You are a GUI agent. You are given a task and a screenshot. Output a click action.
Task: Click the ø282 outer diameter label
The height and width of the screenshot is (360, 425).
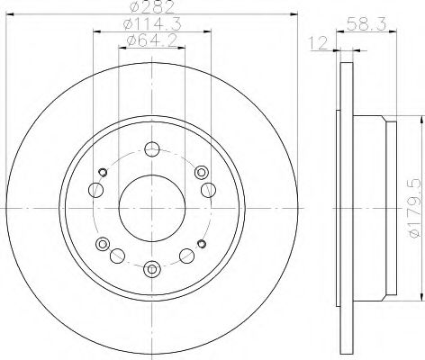tap(151, 9)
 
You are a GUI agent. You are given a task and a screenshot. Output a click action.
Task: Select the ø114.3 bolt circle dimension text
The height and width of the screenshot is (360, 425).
tap(151, 25)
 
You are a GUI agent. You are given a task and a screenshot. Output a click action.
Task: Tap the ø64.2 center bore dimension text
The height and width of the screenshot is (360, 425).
tap(151, 41)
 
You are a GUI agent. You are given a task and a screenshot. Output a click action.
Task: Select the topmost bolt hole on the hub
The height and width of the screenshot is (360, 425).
tap(151, 149)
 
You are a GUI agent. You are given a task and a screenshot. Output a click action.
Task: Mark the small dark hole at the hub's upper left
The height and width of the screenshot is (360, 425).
tap(104, 172)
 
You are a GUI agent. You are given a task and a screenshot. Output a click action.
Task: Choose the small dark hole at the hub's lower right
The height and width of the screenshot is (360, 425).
tap(200, 244)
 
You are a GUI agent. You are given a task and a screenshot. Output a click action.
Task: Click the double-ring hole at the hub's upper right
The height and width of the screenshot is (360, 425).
tap(200, 173)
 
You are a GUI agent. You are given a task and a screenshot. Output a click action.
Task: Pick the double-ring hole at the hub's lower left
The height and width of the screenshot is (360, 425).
tap(104, 243)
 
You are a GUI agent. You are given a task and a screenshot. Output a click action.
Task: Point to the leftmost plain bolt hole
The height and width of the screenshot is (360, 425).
tap(94, 189)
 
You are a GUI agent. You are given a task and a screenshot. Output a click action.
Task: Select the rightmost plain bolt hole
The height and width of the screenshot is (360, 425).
tap(209, 189)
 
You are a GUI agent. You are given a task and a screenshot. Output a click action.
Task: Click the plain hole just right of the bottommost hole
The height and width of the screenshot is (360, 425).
tap(186, 254)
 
